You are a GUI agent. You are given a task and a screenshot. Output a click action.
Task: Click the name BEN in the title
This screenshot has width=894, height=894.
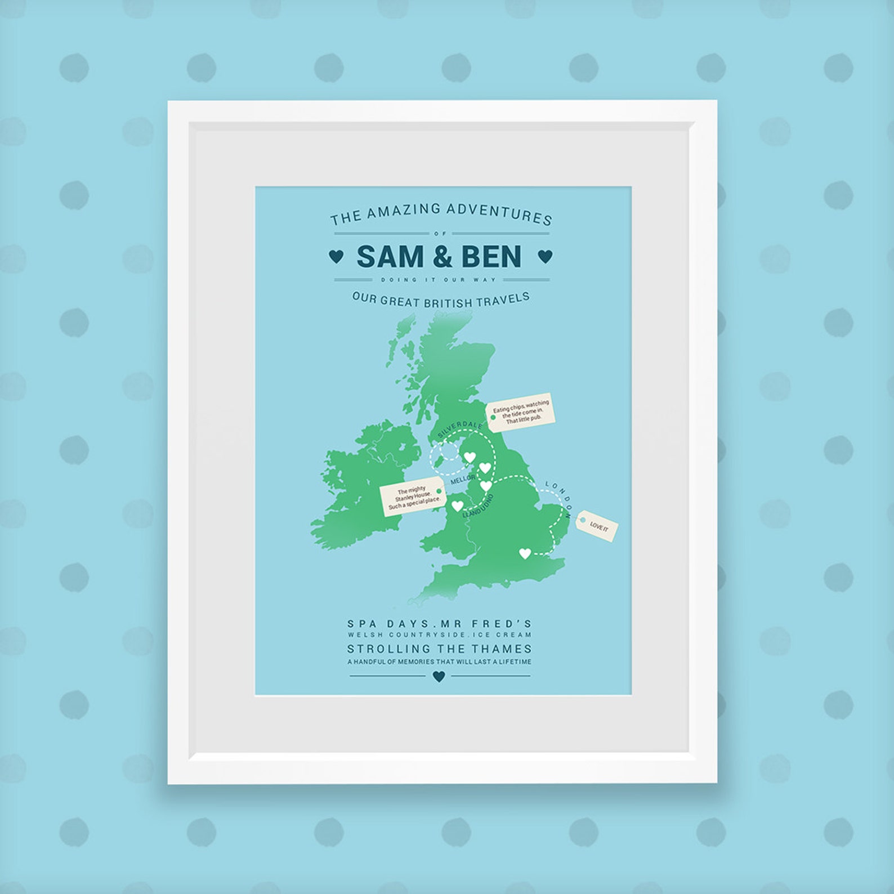tap(491, 257)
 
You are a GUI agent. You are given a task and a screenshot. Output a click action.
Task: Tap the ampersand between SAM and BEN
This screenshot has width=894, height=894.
tap(442, 257)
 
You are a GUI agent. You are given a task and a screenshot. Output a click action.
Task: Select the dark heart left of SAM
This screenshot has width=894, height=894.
tap(336, 257)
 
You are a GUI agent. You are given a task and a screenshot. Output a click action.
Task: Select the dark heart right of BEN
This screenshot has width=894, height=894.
tap(545, 257)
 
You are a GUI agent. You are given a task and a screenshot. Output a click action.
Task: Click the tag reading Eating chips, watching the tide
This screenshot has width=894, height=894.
tap(520, 412)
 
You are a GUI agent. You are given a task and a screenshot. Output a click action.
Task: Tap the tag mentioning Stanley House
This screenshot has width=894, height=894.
tap(413, 497)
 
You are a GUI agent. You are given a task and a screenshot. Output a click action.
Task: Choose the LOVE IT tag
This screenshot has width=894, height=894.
tap(598, 526)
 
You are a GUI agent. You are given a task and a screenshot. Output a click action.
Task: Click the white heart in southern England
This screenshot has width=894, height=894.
tap(525, 554)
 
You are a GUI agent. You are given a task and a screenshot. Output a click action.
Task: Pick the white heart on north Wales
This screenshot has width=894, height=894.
tap(457, 506)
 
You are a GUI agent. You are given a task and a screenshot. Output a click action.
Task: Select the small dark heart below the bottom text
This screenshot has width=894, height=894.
tap(439, 676)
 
